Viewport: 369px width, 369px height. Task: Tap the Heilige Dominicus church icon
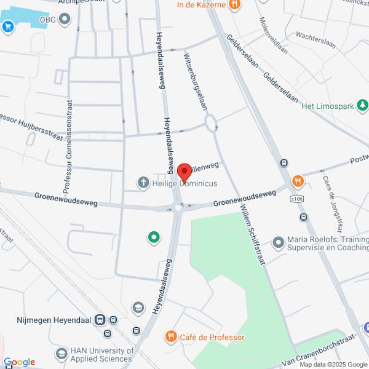143,182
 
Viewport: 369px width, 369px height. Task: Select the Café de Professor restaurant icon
170,336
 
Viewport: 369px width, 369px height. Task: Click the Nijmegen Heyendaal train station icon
114,320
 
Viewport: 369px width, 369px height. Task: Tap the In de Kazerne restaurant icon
234,6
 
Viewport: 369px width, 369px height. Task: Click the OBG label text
47,19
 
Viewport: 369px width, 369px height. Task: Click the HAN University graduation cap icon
61,354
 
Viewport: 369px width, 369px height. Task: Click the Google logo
19,362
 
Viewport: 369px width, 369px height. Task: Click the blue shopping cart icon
8,26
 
